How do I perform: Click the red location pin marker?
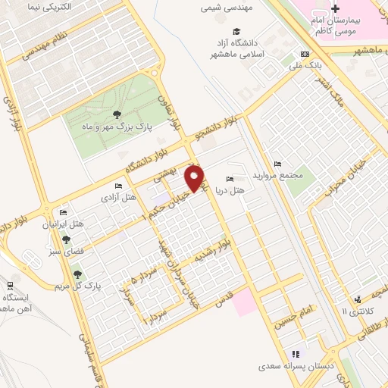point(196,178)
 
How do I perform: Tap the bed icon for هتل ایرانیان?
point(64,213)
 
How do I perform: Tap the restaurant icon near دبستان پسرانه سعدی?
point(296,354)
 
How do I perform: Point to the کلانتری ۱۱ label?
point(354,311)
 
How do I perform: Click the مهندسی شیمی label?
point(223,9)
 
